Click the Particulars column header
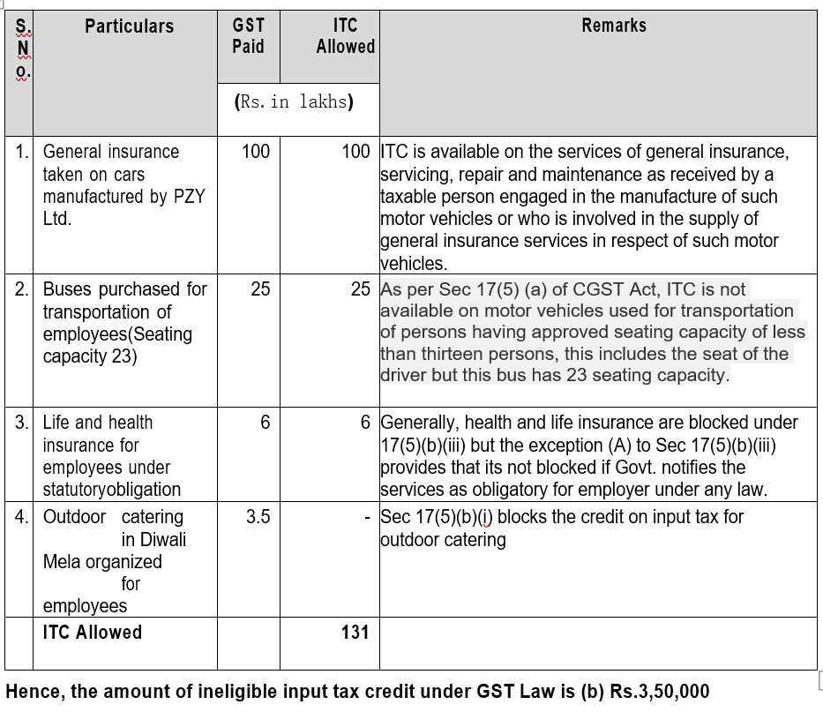coord(130,26)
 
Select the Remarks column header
coord(614,26)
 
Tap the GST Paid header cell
coord(248,35)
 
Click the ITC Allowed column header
coord(345,35)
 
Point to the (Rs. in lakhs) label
coord(295,101)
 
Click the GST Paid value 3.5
coord(258,517)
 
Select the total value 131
coord(355,633)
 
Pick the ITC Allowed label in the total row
coord(93,632)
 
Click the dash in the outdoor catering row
coord(366,517)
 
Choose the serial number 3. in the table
coord(22,423)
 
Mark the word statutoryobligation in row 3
coord(112,490)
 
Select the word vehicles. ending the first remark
coord(414,263)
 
